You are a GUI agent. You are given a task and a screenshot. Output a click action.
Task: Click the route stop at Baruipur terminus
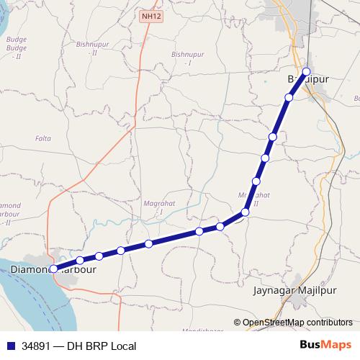[x=307, y=71]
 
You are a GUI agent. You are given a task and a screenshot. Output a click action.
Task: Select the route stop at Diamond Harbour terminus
[x=53, y=268]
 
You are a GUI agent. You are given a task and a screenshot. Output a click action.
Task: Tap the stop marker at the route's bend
[x=245, y=212]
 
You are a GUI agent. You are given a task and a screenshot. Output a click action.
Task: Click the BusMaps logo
[x=325, y=346]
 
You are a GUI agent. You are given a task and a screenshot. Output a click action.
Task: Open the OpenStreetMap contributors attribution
[x=297, y=323]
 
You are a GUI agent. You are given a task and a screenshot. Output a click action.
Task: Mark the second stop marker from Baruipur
[x=289, y=97]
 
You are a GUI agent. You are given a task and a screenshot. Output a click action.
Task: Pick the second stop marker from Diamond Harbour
[x=80, y=260]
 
